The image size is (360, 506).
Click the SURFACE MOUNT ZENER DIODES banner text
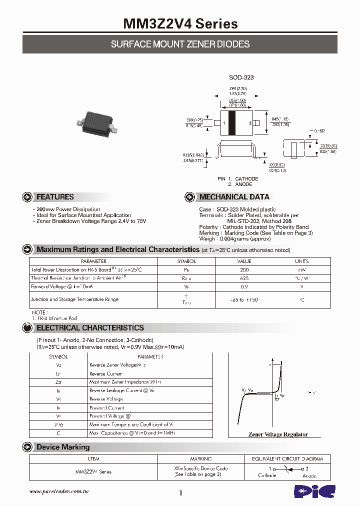tap(180, 44)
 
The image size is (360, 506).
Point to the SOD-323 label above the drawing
tap(241, 77)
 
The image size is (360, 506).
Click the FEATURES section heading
tap(55, 197)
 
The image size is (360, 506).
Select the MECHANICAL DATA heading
tap(234, 197)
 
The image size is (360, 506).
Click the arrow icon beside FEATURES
tap(28, 197)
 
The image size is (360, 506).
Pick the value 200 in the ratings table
tap(244, 269)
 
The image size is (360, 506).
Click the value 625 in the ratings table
tap(244, 278)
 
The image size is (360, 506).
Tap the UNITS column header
tap(301, 261)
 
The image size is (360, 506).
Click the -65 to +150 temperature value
tap(244, 299)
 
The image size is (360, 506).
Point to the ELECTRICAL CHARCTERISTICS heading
tap(90, 328)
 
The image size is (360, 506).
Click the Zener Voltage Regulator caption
tap(278, 434)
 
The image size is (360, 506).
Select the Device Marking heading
tap(63, 447)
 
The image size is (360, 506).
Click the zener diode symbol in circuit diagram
tap(287, 469)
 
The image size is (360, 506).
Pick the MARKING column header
tap(200, 458)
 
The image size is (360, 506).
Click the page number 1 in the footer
tap(180, 493)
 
